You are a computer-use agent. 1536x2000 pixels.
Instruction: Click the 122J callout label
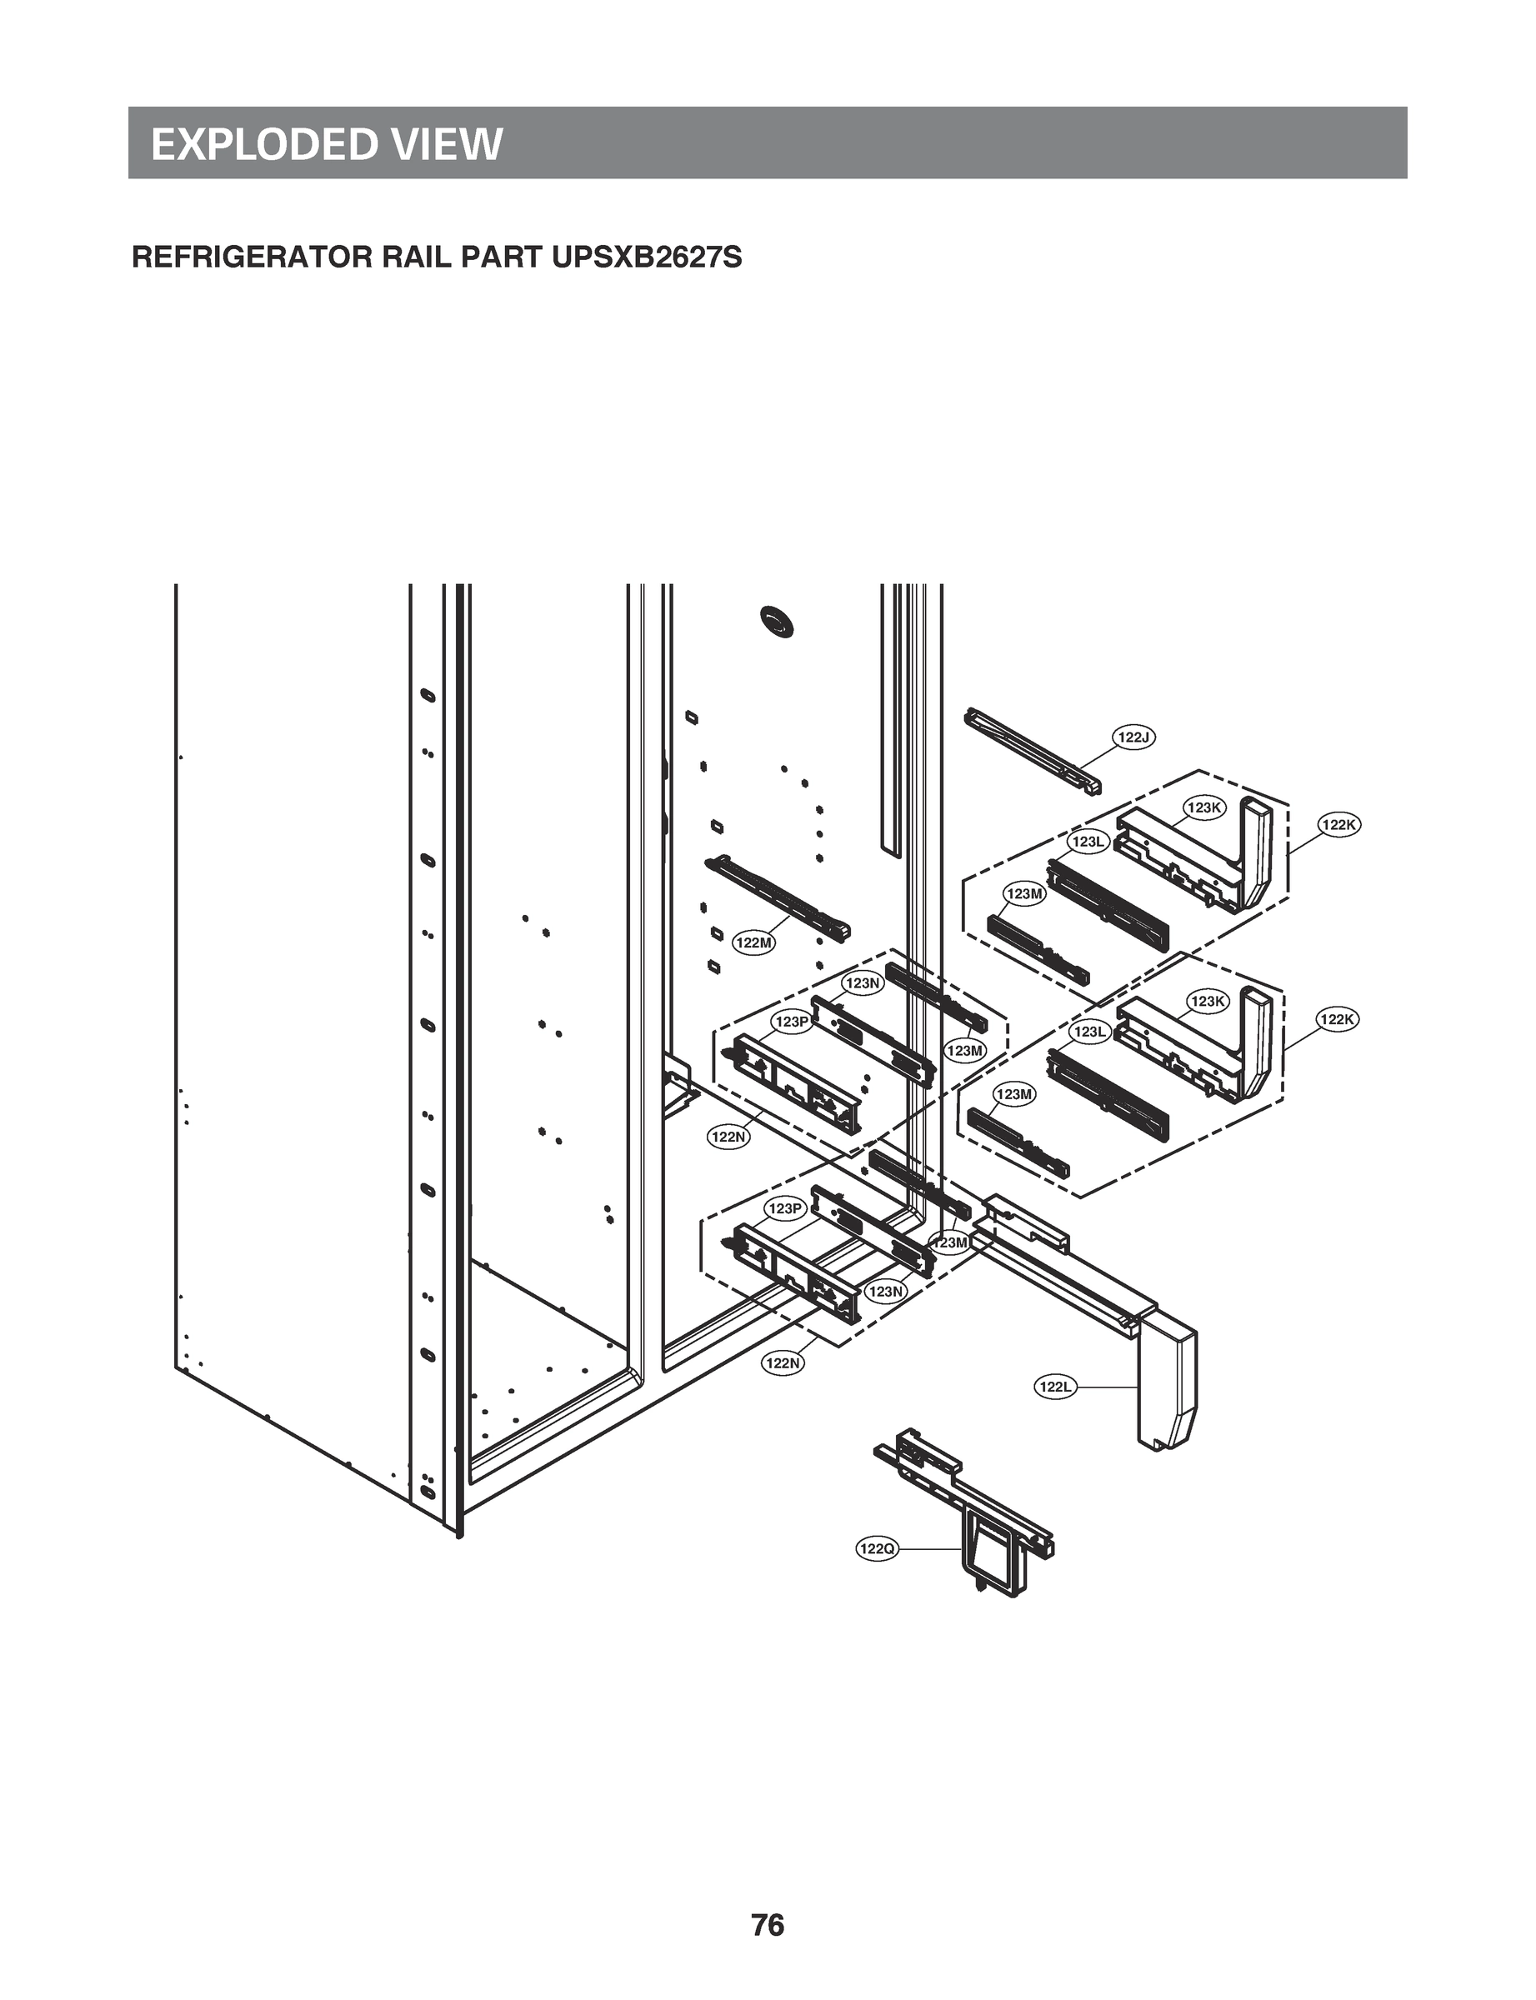tap(1133, 737)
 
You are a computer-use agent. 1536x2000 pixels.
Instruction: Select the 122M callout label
tap(754, 942)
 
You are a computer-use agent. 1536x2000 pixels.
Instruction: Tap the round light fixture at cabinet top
tap(777, 622)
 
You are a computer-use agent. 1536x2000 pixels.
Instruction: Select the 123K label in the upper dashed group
tap(1203, 807)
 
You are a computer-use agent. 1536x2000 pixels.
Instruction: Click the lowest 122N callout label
tap(783, 1362)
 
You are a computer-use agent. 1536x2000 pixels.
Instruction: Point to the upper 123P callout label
tap(791, 1021)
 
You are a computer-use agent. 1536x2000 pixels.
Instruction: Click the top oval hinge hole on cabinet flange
tap(426, 696)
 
